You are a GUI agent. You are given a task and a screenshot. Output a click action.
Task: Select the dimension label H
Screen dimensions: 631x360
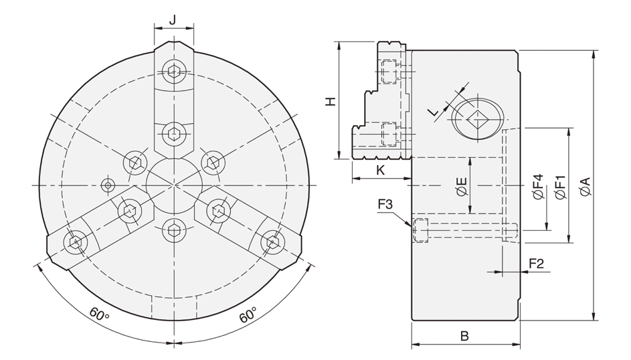[x=331, y=101]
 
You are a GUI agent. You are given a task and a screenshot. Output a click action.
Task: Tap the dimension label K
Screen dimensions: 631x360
[x=380, y=170]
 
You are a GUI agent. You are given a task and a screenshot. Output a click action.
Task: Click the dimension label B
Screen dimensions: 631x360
[x=465, y=335]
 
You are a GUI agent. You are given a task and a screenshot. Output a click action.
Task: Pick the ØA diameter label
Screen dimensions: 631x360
[x=585, y=186]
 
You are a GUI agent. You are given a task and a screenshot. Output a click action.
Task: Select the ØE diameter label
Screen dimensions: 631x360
[x=462, y=186]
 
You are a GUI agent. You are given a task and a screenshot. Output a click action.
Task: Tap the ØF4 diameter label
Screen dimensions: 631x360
[x=538, y=186]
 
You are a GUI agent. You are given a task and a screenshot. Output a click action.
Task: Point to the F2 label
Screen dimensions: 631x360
[x=536, y=264]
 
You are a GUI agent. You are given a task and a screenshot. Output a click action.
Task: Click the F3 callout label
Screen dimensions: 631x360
[x=385, y=204]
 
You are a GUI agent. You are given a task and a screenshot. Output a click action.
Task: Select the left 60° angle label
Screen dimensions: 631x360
[x=99, y=314]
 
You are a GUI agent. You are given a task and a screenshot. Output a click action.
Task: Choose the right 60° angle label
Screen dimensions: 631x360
[x=248, y=315]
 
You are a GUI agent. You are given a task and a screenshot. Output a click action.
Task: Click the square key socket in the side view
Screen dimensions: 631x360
[x=477, y=118]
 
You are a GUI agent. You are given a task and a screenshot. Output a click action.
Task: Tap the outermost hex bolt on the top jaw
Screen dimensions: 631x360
[x=173, y=72]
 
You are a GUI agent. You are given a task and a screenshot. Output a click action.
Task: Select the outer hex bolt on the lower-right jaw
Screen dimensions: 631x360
[x=272, y=242]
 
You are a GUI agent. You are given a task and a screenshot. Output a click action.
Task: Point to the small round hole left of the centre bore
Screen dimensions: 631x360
[x=108, y=185]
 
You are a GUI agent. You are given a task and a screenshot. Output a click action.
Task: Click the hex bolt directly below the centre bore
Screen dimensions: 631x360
[x=174, y=230]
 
